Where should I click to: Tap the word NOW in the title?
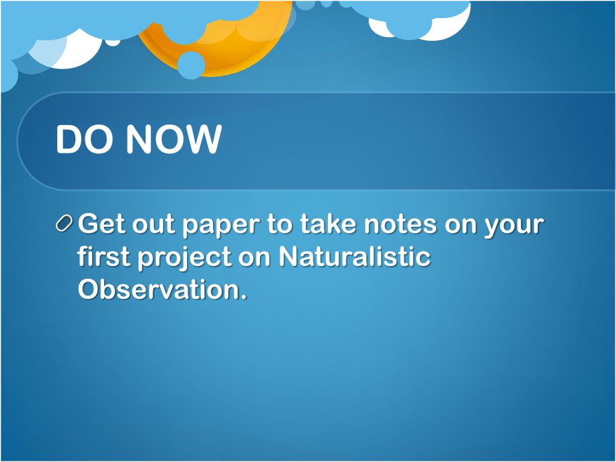(x=174, y=139)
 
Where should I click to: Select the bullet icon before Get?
(x=64, y=224)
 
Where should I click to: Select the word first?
(x=103, y=256)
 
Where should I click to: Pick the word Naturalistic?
(x=355, y=256)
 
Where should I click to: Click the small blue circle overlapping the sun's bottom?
(x=191, y=65)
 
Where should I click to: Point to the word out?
(x=153, y=225)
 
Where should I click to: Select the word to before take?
(x=280, y=225)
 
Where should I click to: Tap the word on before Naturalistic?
(x=254, y=259)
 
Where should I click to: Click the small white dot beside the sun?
(x=112, y=42)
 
